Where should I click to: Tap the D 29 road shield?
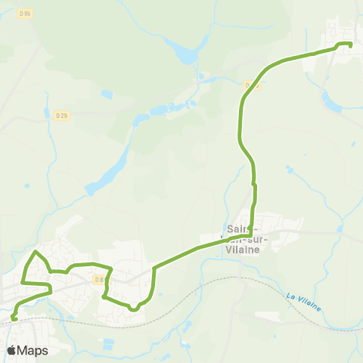point(62,115)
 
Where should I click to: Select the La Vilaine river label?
point(304,301)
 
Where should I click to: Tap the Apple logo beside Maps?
point(11,350)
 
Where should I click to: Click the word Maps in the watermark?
point(33,350)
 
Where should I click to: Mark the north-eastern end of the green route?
point(350,45)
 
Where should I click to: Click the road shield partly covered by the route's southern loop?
point(99,280)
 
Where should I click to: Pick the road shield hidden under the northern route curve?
point(254,85)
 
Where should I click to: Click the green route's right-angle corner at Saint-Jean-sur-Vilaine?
point(253,234)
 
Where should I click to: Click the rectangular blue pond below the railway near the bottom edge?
point(109,345)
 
